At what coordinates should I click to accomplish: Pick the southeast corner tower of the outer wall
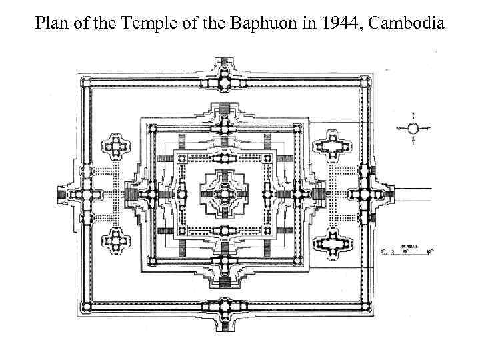366,306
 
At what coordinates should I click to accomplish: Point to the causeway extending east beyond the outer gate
413,194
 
